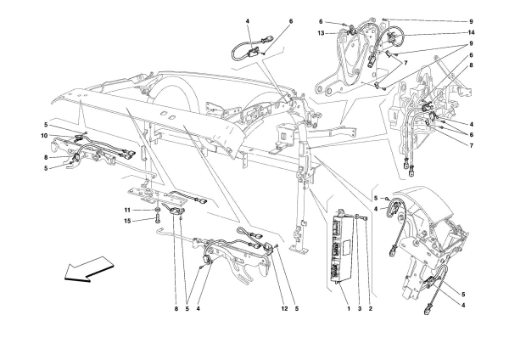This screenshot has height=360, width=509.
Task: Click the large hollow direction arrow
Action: point(89,268)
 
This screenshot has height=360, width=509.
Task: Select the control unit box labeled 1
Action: point(342,247)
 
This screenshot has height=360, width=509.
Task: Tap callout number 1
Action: point(349,309)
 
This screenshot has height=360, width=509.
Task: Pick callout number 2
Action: point(371,309)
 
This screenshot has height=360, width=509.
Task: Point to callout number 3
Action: point(360,309)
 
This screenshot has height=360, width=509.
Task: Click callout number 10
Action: point(44,136)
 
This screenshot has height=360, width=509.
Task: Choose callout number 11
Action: point(127,211)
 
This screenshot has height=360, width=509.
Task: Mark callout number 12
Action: point(284,309)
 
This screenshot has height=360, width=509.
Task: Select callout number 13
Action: point(321,33)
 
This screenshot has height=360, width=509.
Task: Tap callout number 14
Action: point(471,32)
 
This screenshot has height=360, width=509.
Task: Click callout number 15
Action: point(127,221)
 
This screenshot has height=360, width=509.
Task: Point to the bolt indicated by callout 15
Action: point(158,219)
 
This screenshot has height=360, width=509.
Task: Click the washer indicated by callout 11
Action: point(158,211)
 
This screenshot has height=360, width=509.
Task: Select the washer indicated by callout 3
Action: point(357,217)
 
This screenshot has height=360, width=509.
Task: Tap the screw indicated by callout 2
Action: point(366,218)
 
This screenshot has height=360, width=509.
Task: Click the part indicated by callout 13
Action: point(350,31)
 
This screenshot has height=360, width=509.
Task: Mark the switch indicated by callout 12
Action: point(269,247)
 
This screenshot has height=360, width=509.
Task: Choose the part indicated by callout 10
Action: point(77,138)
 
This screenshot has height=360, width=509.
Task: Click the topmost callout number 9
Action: point(471,22)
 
